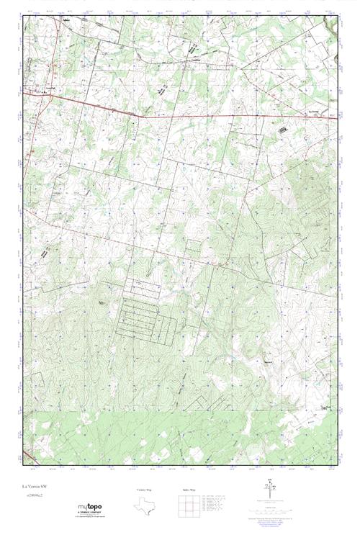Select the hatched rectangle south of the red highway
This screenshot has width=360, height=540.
(x=282, y=129)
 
